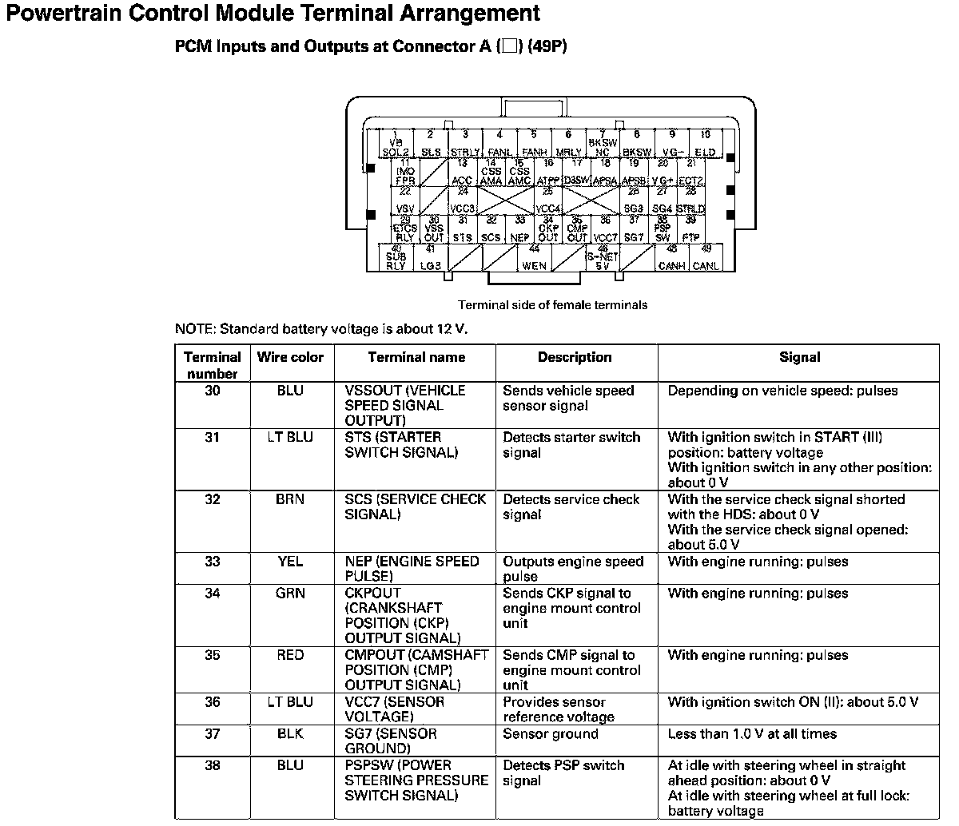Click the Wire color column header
pos(290,357)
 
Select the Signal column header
pos(799,357)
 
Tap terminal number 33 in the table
pos(212,562)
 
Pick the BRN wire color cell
pos(290,499)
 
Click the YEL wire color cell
pos(290,562)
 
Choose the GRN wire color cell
pos(290,594)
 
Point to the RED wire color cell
pos(290,655)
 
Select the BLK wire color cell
pos(290,733)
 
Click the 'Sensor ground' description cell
pos(550,733)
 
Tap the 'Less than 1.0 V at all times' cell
pos(752,733)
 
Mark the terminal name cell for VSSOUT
pos(404,405)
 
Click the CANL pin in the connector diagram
pos(705,260)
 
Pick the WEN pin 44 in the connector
pos(534,260)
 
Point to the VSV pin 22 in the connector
pos(405,202)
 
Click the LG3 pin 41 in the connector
pos(430,260)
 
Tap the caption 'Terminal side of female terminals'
pos(552,304)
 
